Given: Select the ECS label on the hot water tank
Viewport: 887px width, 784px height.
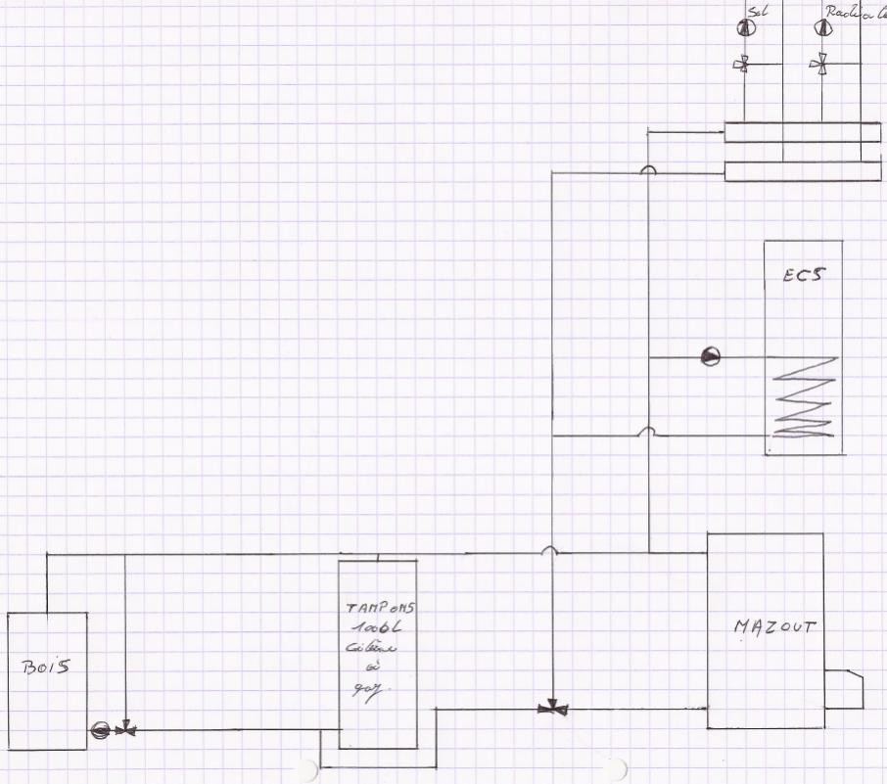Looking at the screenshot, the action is pos(802,275).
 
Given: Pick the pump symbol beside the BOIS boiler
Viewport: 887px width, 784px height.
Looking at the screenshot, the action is pos(100,729).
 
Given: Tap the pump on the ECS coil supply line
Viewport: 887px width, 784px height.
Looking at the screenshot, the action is pos(710,357).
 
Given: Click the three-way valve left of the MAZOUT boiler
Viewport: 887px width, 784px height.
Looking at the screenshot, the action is pos(551,707).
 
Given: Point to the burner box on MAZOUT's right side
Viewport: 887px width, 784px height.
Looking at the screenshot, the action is pos(844,688).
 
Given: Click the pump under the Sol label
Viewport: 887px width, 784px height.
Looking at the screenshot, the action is pos(744,28).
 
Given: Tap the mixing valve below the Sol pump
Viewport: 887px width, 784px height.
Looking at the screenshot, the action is pos(744,66).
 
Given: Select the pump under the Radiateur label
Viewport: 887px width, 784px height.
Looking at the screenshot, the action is pos(819,28).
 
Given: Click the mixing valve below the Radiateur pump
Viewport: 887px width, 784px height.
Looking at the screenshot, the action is pos(819,66).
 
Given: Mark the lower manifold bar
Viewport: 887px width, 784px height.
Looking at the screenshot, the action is pos(802,171).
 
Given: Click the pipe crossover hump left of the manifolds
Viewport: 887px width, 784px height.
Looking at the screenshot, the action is pos(648,170).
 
